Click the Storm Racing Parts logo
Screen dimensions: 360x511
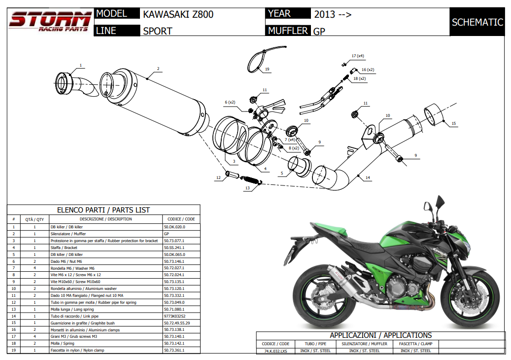(49, 22)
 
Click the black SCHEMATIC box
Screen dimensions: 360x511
(477, 22)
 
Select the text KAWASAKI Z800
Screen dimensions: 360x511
(178, 14)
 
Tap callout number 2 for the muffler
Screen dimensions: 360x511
(158, 69)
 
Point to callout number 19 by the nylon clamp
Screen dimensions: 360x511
(267, 70)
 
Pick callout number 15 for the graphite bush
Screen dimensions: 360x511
(454, 123)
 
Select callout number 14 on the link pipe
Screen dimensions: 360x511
(368, 177)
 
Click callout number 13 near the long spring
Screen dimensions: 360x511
(248, 188)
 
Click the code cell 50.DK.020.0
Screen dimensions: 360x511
(174, 227)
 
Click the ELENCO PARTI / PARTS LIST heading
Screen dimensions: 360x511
(103, 210)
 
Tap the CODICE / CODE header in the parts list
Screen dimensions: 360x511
(181, 219)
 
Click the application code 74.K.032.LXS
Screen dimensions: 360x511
(275, 351)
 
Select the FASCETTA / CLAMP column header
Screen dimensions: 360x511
(415, 344)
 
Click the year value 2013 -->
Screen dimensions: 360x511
(333, 14)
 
